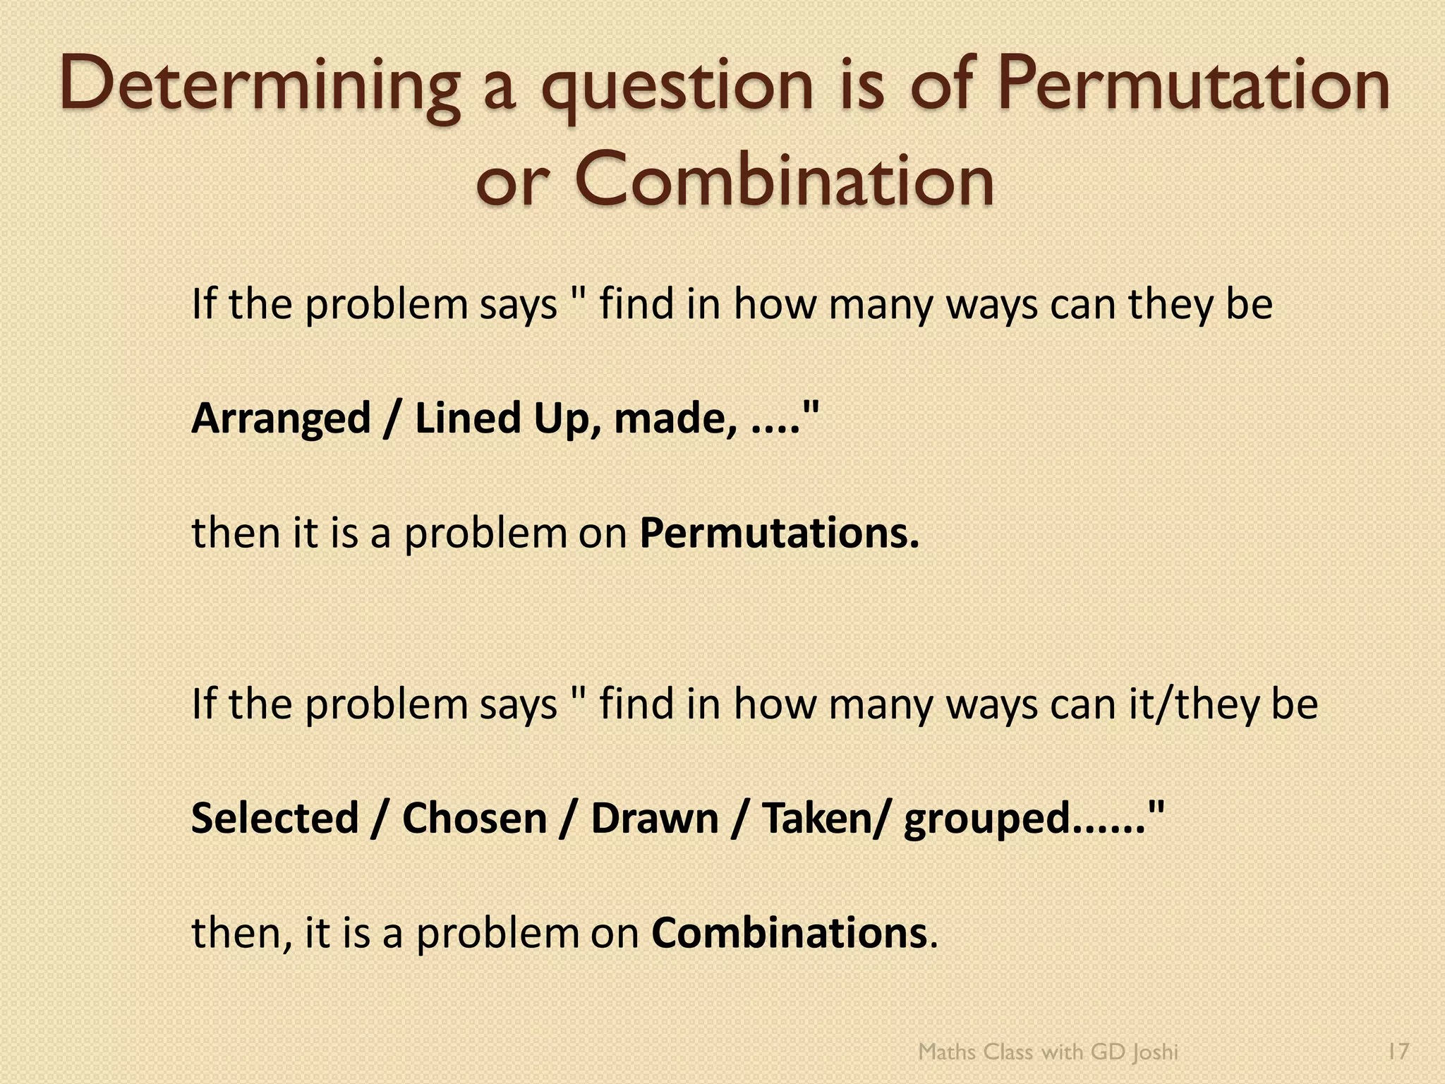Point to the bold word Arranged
(x=281, y=418)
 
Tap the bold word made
(x=667, y=418)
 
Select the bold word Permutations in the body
(x=780, y=534)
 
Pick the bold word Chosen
(x=474, y=819)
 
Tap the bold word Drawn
(x=654, y=819)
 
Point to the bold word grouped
(x=987, y=821)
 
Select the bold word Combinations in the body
(x=789, y=933)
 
